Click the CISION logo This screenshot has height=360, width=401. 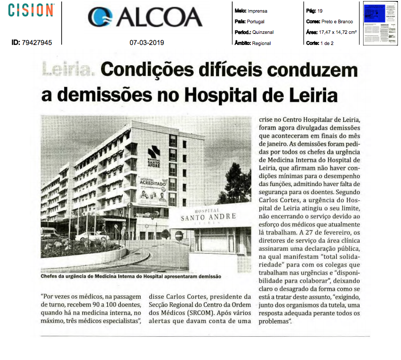point(31,10)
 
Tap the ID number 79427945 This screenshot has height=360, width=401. point(36,43)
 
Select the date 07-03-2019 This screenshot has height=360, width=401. point(147,43)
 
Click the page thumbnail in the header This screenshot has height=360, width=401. point(381,23)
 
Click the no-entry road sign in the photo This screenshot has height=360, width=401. point(178,235)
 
